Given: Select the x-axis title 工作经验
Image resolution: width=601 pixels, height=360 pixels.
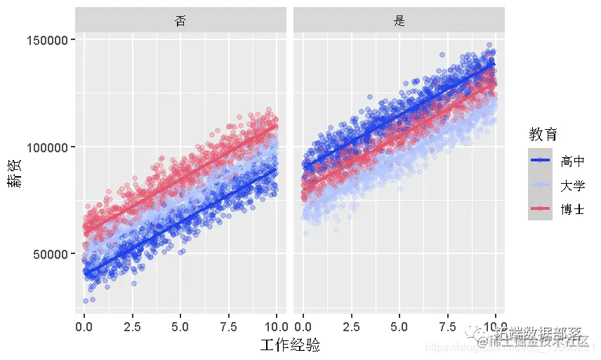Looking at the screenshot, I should [290, 345].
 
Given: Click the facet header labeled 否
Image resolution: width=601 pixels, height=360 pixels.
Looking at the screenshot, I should [180, 20].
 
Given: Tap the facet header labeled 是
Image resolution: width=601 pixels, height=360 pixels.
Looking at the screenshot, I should [399, 20].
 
